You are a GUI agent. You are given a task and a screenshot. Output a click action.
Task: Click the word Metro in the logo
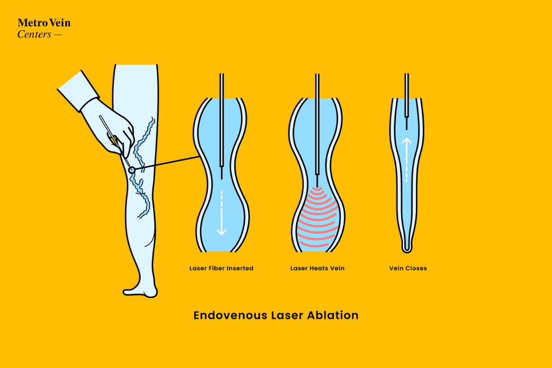point(33,23)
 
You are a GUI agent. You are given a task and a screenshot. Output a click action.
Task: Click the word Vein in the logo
point(60,23)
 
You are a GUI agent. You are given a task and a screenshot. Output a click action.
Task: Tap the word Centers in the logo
point(34,34)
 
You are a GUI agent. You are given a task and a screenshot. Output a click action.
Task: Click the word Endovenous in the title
point(230,315)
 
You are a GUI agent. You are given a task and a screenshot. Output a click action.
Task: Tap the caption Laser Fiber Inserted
point(221,268)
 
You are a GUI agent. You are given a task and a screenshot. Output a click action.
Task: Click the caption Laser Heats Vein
point(317,268)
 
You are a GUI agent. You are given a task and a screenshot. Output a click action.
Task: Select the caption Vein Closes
point(408,268)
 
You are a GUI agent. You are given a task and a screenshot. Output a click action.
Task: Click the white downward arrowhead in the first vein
point(222,232)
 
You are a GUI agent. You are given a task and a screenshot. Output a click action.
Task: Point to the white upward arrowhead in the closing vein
point(407,140)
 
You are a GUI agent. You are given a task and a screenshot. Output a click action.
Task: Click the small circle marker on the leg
point(132,170)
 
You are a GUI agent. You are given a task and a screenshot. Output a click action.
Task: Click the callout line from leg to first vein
point(167,163)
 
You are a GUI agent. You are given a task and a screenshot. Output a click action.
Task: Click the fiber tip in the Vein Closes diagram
point(407,123)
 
